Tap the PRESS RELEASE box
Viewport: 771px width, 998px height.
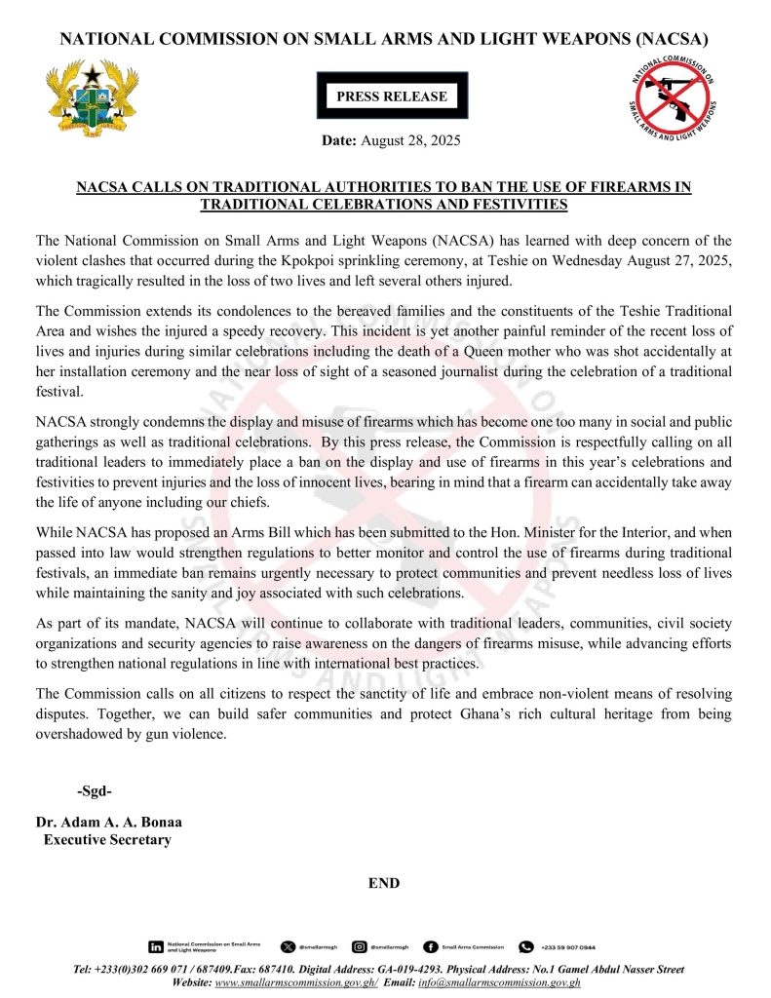coord(392,96)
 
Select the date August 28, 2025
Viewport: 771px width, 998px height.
coord(410,141)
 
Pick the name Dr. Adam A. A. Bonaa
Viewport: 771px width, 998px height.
coord(108,822)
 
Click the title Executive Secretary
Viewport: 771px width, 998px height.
coord(107,839)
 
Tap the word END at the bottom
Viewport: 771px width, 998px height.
coord(384,883)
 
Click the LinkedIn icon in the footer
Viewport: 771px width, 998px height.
coord(156,946)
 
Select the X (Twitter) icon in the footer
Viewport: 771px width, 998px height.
coord(287,946)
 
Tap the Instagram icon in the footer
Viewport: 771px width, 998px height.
coord(360,946)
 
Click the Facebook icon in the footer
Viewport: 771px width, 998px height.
coord(430,946)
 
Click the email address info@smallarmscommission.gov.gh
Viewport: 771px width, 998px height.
coord(500,982)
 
